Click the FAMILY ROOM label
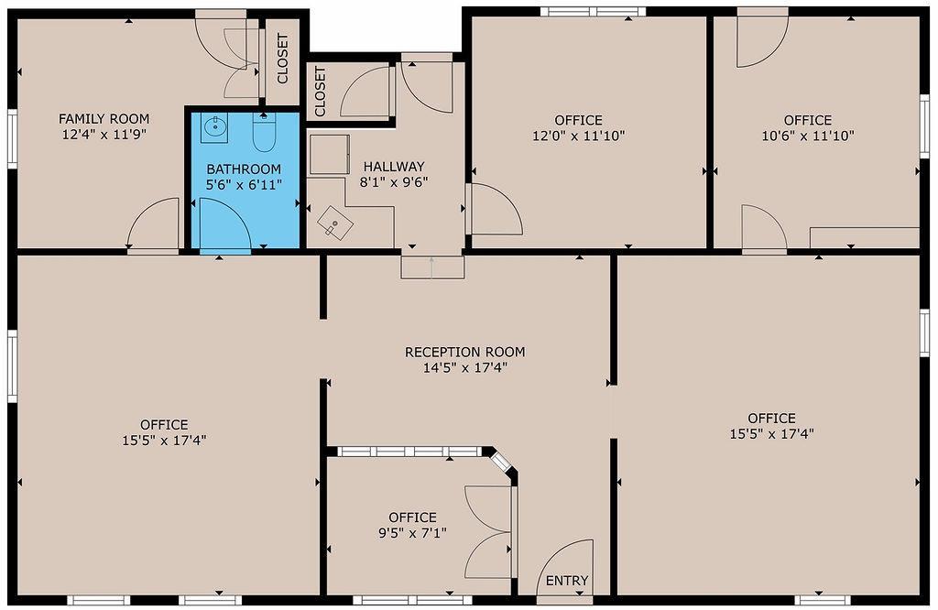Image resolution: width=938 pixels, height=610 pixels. pos(104,119)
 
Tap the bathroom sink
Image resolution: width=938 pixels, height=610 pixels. pos(215,126)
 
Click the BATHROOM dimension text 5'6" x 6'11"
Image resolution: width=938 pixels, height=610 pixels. pos(244,184)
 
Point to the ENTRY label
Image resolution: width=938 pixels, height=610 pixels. pos(567,581)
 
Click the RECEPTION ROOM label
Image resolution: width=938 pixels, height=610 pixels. pos(465,352)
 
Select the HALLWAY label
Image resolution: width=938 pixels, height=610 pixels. pos(394,167)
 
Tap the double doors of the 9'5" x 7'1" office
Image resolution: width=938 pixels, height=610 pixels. pos(489,532)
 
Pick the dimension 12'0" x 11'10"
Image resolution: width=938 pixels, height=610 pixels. pos(578,136)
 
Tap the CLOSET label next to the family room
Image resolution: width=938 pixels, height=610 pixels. pos(282,59)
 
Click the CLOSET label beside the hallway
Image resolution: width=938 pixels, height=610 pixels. pos(320,92)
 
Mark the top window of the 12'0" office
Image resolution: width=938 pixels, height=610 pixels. pos(593,12)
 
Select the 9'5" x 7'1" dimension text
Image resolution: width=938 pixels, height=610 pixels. pos(412,532)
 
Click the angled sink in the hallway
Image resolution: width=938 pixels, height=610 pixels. pos(335,223)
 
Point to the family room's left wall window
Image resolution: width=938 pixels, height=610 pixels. pos(12,138)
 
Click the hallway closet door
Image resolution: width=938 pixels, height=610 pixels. pos(366,93)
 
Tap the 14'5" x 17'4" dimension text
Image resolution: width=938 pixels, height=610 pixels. pos(465,367)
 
